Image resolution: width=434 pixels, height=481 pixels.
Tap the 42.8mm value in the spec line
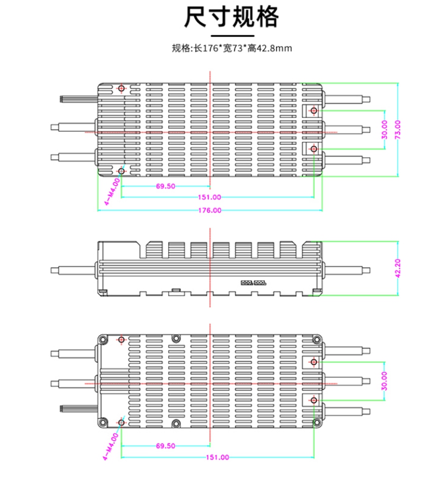click(277, 49)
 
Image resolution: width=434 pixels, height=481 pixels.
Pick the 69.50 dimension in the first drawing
click(165, 186)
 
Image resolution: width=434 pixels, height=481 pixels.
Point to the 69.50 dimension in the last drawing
click(165, 446)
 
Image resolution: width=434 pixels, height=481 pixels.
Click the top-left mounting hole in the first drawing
click(121, 88)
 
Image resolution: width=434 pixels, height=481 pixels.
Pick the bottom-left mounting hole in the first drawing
click(121, 171)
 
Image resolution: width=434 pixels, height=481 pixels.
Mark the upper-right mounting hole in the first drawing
click(314, 111)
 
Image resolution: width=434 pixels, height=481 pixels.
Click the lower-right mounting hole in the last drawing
click(314, 401)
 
